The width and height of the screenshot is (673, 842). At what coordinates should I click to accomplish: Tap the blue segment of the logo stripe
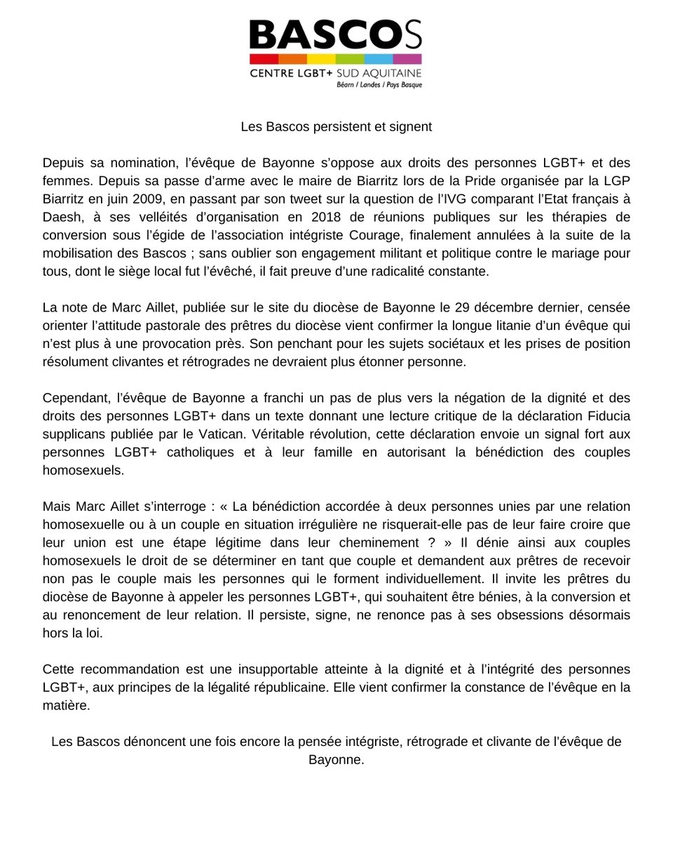(x=378, y=59)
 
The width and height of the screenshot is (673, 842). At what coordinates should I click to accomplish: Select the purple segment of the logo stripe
(x=407, y=59)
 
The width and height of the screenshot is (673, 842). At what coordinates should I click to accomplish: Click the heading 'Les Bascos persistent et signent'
(x=336, y=127)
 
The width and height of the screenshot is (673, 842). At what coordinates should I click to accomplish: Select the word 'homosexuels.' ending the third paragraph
(x=83, y=470)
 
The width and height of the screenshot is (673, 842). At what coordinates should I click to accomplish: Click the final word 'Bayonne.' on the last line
(x=336, y=759)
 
